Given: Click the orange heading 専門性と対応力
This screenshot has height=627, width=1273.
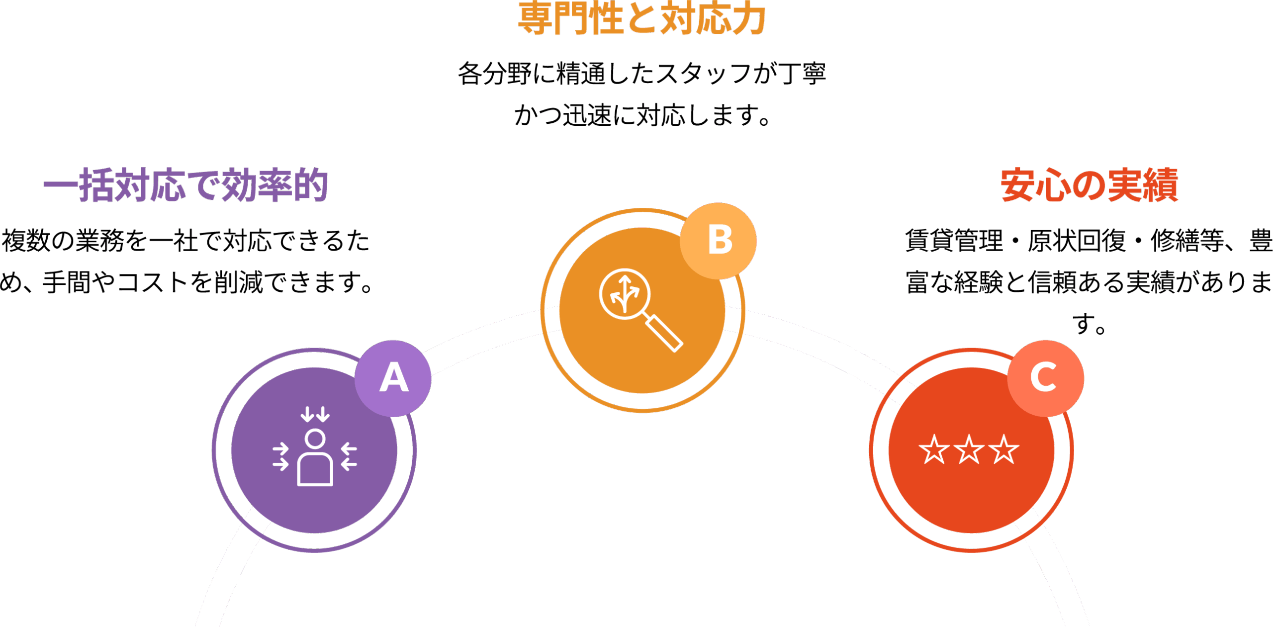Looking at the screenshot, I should (x=641, y=19).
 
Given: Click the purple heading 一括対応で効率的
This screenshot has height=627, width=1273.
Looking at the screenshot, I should (x=185, y=185).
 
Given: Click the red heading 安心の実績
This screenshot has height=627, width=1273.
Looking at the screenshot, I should (x=1089, y=185).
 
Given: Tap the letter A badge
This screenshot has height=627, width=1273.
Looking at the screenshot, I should (x=393, y=378).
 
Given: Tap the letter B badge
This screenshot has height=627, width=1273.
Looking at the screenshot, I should (x=719, y=241).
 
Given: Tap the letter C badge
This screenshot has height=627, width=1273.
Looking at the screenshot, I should (x=1045, y=378).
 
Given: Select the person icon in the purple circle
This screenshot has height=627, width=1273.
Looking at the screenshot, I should (x=315, y=457).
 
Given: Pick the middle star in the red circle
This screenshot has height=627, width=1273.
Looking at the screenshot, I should (x=969, y=449).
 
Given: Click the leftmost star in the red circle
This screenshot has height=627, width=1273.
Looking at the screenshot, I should (x=934, y=449).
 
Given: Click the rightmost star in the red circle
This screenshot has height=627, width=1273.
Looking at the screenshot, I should (x=1003, y=449).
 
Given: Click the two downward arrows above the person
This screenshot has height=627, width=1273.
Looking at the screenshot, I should (x=315, y=414).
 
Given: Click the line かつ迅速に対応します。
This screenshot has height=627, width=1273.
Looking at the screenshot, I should (x=641, y=115).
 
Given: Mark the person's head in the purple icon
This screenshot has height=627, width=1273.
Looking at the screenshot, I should (x=315, y=439).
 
